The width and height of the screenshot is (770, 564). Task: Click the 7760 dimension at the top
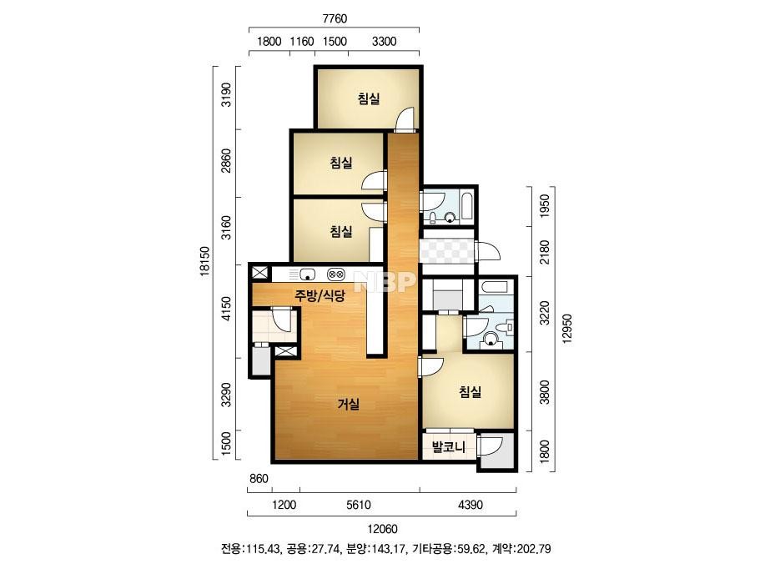coord(335,18)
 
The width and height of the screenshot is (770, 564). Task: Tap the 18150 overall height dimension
coord(205,261)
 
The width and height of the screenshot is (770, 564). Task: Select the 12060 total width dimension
coord(382,529)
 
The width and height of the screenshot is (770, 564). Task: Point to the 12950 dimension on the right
coord(567,329)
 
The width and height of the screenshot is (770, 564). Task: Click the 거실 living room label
coord(348,405)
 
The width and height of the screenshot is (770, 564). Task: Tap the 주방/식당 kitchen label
coord(320,295)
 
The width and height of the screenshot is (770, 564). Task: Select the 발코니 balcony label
coord(448,447)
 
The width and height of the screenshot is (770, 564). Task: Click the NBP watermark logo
coord(385,281)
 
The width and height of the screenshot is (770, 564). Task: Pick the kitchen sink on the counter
coord(307,274)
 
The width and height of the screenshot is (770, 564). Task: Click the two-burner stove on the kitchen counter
coord(336,274)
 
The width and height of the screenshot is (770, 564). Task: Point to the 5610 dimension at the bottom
coord(359,505)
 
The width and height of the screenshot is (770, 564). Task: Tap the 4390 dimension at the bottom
coord(471,505)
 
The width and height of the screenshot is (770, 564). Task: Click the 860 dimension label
coord(259,478)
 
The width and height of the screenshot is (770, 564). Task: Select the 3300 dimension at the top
coord(384,41)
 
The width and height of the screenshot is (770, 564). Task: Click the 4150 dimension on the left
coord(226,309)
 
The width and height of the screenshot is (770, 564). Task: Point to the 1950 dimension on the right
coord(544,206)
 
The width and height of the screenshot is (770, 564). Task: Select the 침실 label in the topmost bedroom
coord(369,99)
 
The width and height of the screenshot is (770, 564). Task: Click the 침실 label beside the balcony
coord(470,391)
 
